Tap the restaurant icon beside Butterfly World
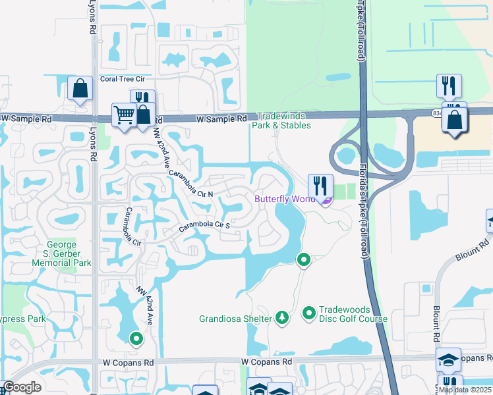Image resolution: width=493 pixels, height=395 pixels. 320,185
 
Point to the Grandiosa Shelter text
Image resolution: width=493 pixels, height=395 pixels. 235,319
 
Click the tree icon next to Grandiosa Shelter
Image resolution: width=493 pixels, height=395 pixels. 282,318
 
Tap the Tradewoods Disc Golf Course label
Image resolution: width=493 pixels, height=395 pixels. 353,314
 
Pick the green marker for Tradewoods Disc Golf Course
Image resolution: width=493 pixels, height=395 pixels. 308,313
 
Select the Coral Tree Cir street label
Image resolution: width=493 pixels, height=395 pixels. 118,79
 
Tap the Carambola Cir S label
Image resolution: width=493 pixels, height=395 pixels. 205,227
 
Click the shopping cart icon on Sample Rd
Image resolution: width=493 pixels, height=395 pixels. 123,115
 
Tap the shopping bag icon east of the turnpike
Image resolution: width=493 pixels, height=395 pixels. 455,120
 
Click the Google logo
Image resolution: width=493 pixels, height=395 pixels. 22,388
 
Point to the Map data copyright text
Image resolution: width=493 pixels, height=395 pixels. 464,390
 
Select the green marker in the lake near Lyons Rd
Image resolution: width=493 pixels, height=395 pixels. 136,339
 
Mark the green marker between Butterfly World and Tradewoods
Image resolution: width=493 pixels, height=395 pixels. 303,260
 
